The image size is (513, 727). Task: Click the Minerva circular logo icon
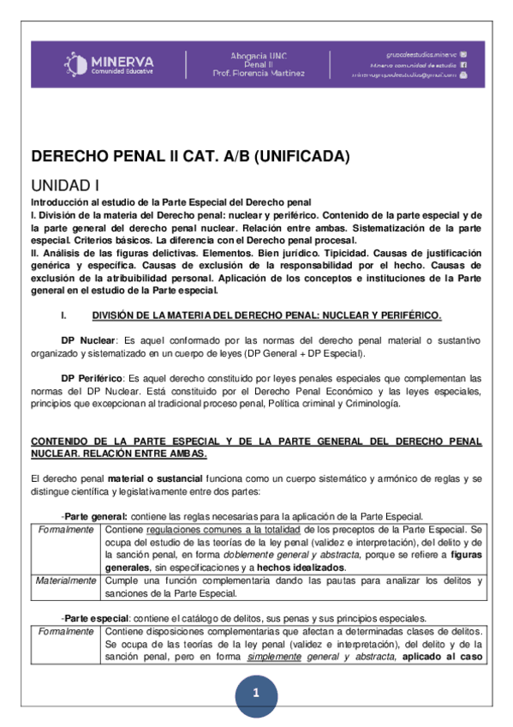click(x=76, y=63)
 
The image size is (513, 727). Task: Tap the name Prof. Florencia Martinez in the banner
click(x=258, y=74)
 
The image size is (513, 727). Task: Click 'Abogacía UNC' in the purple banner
click(x=258, y=54)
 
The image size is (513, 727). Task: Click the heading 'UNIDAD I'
click(x=66, y=184)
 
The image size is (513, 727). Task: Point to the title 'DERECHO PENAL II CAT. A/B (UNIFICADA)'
click(x=191, y=156)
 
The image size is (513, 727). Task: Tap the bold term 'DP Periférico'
click(x=92, y=378)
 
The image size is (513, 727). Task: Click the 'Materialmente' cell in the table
click(x=65, y=580)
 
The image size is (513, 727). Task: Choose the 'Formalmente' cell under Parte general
click(x=65, y=530)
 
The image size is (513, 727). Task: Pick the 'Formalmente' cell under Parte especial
click(x=65, y=632)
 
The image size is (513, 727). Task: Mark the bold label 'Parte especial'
click(x=97, y=618)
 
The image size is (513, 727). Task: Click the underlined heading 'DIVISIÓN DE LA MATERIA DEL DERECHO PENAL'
click(x=266, y=315)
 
